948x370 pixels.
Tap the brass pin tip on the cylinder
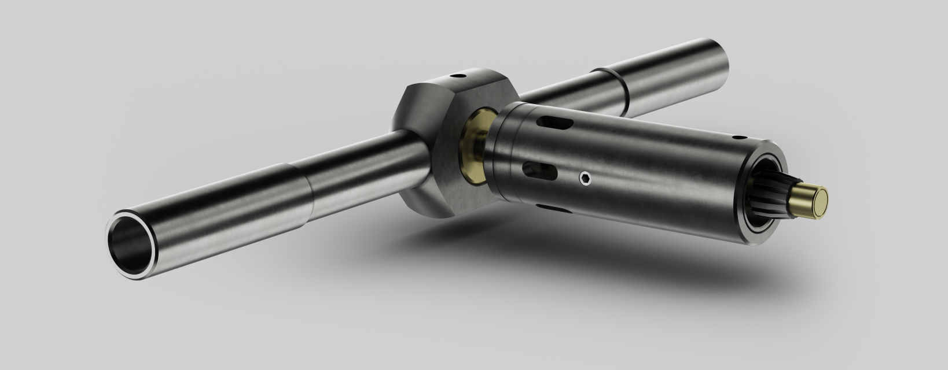point(813,201)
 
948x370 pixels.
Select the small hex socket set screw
point(585,179)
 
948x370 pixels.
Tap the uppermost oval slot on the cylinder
point(556,123)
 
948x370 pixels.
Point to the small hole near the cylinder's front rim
point(739,138)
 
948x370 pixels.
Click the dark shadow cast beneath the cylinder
point(579,254)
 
